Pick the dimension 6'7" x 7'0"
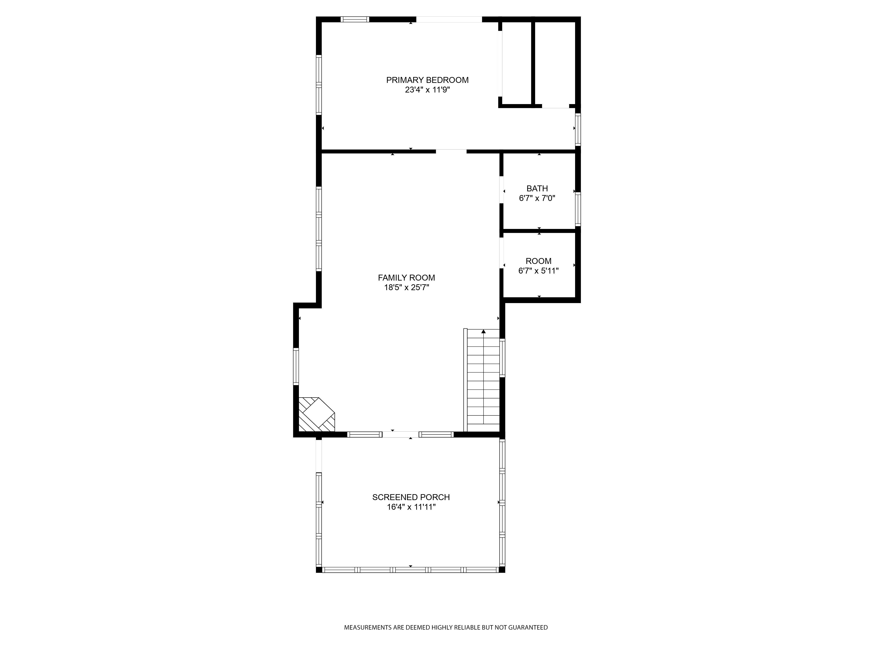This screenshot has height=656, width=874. tap(537, 198)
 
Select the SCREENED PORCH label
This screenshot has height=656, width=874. tap(411, 497)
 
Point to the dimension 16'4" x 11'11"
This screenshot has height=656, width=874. tap(411, 507)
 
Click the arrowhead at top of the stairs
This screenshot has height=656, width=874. tap(483, 331)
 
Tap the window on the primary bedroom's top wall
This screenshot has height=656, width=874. tap(355, 19)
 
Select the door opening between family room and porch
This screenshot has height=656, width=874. tap(400, 434)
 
